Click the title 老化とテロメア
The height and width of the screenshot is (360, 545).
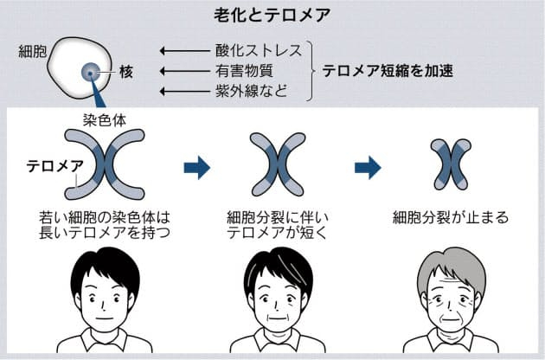(272, 15)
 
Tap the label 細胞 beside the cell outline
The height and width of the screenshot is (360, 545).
(32, 51)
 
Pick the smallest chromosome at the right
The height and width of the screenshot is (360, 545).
(451, 164)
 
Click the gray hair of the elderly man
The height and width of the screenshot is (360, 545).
(451, 261)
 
